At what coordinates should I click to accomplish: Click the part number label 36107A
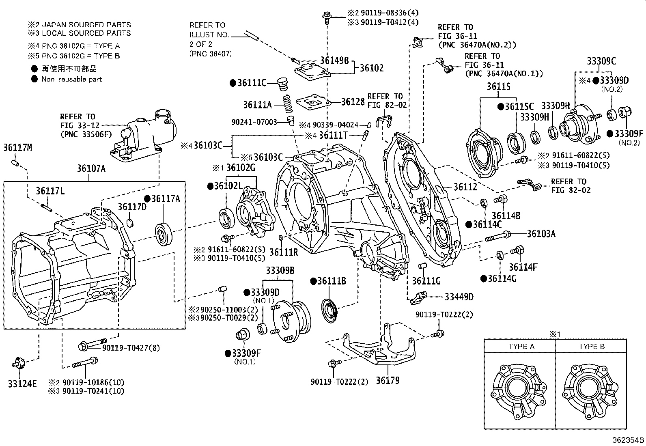pyautogui.click(x=91, y=168)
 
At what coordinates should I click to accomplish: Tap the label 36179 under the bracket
pyautogui.click(x=388, y=381)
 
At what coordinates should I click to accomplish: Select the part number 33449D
pyautogui.click(x=459, y=297)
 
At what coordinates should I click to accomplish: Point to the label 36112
pyautogui.click(x=465, y=187)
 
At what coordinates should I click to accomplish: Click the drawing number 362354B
pyautogui.click(x=628, y=440)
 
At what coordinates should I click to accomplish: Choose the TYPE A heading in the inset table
pyautogui.click(x=521, y=346)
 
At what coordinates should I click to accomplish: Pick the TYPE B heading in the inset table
pyautogui.click(x=592, y=346)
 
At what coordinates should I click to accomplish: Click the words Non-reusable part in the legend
pyautogui.click(x=71, y=79)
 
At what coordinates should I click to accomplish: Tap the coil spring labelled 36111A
pyautogui.click(x=287, y=103)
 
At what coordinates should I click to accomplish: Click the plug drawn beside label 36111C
pyautogui.click(x=282, y=84)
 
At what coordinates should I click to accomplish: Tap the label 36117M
pyautogui.click(x=17, y=148)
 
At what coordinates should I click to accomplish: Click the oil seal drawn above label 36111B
pyautogui.click(x=329, y=311)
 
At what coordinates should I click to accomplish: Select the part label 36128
pyautogui.click(x=353, y=101)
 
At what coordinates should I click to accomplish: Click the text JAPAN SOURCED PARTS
pyautogui.click(x=86, y=24)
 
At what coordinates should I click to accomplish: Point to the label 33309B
pyautogui.click(x=280, y=271)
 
